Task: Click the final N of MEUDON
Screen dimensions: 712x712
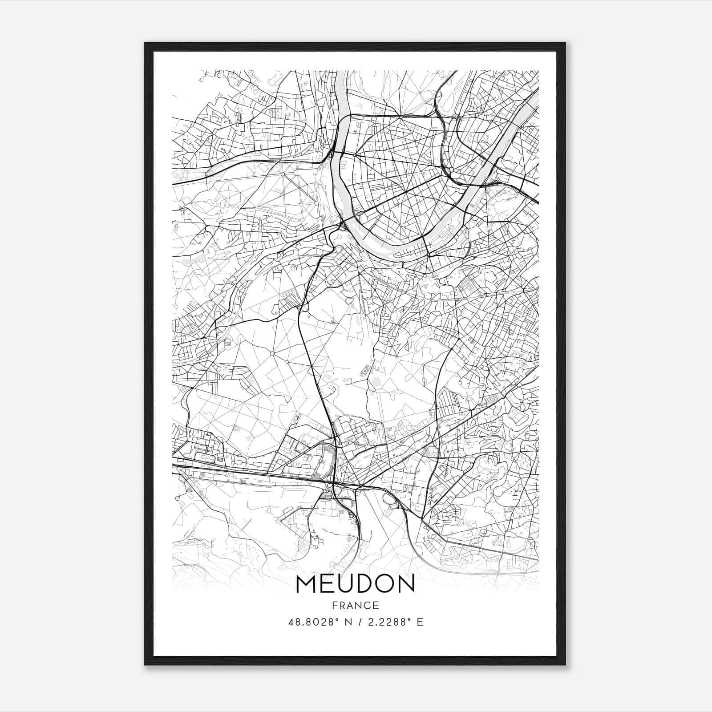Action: (407, 584)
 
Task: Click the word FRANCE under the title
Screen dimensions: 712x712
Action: (355, 606)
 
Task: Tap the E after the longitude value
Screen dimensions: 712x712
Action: (420, 622)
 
